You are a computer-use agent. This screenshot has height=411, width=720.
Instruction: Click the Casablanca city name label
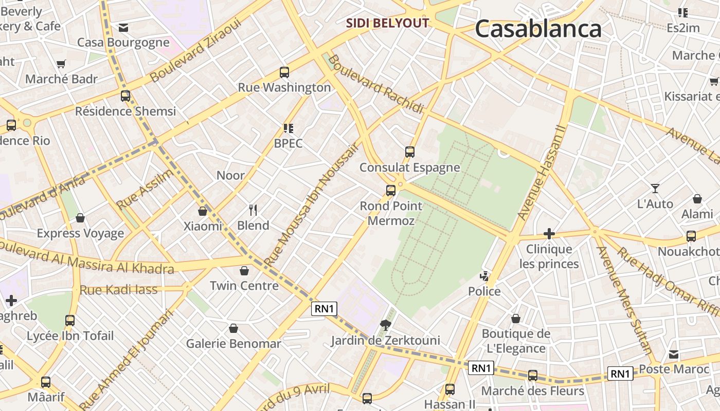pos(538,29)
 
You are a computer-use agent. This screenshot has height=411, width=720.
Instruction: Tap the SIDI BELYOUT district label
pos(387,23)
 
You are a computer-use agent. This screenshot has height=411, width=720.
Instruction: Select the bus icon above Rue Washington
pos(284,72)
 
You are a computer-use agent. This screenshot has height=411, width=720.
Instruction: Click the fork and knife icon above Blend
pos(253,210)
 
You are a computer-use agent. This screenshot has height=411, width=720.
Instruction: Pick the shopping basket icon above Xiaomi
pos(203,211)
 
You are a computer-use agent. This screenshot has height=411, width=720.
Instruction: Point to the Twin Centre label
pos(244,286)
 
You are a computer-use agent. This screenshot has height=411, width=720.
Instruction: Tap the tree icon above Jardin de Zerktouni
pos(385,325)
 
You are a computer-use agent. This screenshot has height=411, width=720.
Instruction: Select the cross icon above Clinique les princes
pos(549,234)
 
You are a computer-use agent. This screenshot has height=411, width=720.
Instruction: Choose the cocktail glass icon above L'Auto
pos(655,189)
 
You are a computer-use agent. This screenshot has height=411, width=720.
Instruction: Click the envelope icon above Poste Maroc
pos(674,354)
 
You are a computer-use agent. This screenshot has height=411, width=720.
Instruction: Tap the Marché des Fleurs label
pos(532,391)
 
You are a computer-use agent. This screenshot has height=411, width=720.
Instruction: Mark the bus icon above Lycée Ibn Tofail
pos(70,321)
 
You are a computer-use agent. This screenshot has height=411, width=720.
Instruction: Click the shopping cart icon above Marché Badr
pos(61,64)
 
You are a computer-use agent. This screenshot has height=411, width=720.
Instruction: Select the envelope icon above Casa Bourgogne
pos(123,28)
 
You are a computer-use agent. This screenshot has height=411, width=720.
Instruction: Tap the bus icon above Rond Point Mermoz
pos(391,191)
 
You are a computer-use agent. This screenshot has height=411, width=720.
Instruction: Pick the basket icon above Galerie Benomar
pos(233,328)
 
